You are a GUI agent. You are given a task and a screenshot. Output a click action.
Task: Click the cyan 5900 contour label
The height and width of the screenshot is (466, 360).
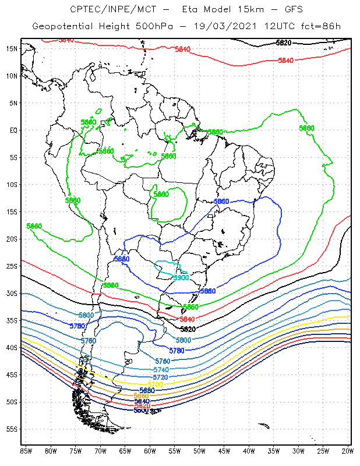click(x=181, y=278)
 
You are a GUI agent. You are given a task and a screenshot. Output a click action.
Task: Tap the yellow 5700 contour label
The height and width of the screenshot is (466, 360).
click(x=155, y=384)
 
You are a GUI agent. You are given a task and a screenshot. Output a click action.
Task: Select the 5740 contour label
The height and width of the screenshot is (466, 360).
click(x=161, y=370)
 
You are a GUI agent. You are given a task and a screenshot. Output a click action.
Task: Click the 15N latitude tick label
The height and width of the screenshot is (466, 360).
click(x=11, y=48)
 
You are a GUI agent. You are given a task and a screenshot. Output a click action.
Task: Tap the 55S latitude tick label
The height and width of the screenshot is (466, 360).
click(x=11, y=429)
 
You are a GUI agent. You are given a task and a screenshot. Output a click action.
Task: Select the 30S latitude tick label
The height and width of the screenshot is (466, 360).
click(x=11, y=294)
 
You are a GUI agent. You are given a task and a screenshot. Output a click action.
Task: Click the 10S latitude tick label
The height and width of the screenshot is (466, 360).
click(x=11, y=185)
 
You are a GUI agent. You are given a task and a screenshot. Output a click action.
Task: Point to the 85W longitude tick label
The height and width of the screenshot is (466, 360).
click(x=26, y=450)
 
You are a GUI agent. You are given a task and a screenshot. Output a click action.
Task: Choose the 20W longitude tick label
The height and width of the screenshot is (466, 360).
click(x=348, y=450)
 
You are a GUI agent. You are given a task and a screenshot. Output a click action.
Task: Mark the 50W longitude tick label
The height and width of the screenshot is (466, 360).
click(x=199, y=450)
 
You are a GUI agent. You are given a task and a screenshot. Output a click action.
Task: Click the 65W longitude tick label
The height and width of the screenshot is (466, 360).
click(x=125, y=450)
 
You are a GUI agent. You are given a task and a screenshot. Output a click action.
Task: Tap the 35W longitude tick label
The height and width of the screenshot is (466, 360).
click(x=274, y=450)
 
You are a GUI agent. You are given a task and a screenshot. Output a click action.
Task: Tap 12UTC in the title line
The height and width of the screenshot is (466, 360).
click(x=277, y=27)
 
